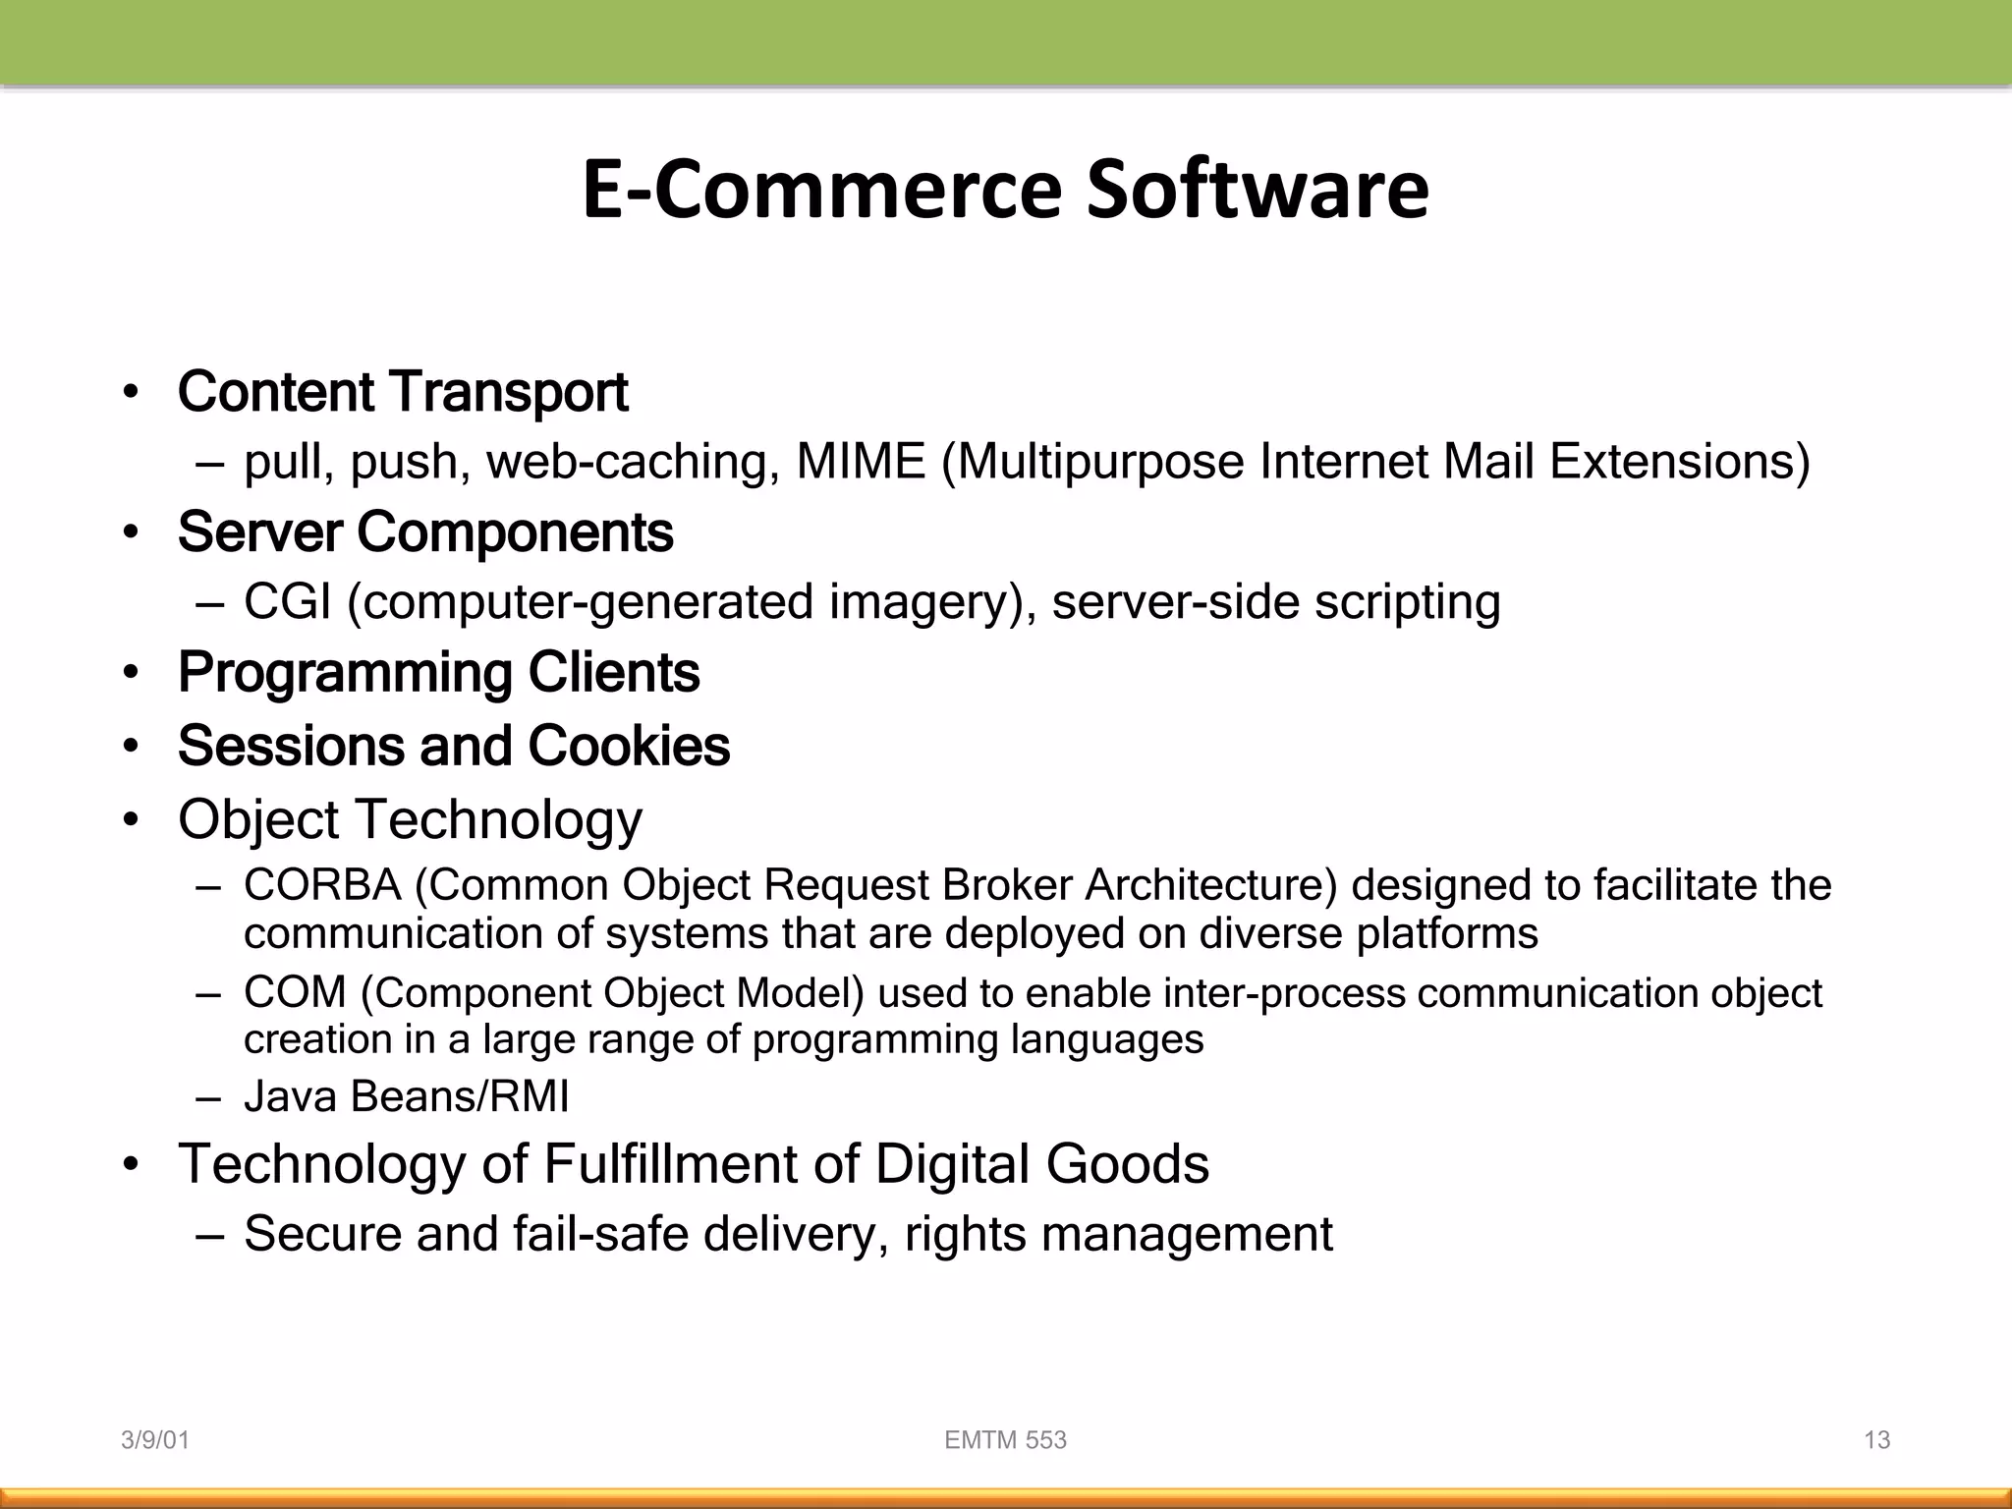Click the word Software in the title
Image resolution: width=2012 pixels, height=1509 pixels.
pos(1257,189)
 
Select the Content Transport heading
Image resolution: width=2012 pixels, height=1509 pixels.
pos(403,392)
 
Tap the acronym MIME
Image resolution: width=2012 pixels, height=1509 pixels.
pos(861,462)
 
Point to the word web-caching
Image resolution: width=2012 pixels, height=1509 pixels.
pos(627,462)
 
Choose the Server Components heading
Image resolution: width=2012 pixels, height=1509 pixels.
pos(425,532)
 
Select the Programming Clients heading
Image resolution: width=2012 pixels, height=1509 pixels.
pos(438,673)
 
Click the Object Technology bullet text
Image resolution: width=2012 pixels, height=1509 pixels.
pos(410,819)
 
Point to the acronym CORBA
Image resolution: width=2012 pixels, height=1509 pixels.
pos(322,885)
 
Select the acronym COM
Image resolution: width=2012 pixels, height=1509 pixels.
pos(295,992)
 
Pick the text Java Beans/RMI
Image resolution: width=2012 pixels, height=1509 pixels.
pos(406,1096)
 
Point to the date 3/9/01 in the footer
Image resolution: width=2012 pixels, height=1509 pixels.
pos(154,1440)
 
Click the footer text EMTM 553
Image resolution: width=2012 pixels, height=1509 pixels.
pos(1005,1440)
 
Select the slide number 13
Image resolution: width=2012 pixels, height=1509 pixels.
pos(1876,1440)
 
